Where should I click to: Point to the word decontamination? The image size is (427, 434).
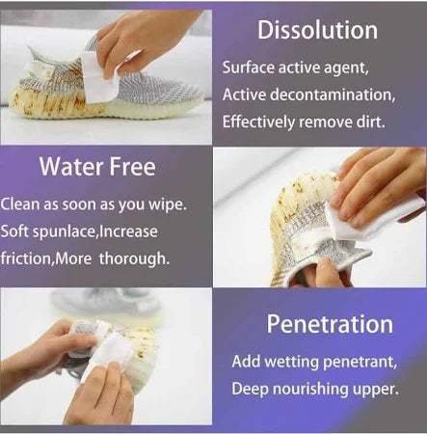[325, 95]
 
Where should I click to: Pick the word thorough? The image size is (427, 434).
[138, 258]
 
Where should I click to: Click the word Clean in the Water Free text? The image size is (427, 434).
[19, 204]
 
